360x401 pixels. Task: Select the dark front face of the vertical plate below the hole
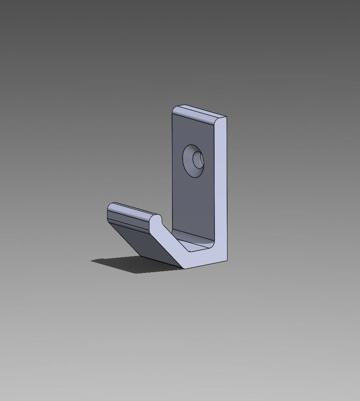coord(192,206)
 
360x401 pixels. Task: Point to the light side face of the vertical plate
coord(220,187)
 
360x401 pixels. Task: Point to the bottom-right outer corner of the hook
coord(227,260)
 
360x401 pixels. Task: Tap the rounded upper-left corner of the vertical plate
coord(175,109)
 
